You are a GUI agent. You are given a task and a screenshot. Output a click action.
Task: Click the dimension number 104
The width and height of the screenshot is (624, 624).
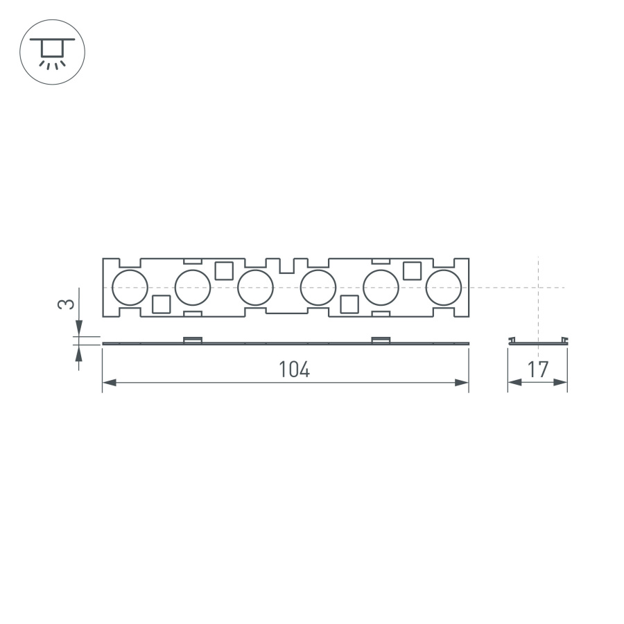tap(294, 370)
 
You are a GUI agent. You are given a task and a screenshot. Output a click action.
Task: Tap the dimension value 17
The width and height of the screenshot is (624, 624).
tap(538, 370)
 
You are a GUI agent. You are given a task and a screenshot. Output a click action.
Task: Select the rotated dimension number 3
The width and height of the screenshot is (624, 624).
tap(65, 304)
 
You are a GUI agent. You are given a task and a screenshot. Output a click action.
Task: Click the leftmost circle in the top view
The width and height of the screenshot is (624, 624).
tap(130, 288)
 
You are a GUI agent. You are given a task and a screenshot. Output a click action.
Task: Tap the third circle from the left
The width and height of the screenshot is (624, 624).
tap(255, 288)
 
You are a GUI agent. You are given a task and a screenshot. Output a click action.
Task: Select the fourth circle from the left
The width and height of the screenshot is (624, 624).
tap(318, 288)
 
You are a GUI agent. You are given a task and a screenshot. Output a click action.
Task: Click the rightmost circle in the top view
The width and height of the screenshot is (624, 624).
tap(443, 288)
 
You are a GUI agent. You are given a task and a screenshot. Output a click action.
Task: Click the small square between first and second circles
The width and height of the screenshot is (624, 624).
tap(161, 304)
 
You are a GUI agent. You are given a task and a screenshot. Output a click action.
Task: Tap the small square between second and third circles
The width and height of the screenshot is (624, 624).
tap(224, 270)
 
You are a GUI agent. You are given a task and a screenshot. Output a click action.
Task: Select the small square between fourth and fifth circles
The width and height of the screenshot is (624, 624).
tap(349, 304)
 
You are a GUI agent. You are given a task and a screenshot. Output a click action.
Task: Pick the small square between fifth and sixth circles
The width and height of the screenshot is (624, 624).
tap(413, 270)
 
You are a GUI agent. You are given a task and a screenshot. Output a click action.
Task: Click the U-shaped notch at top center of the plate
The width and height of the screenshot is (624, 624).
tap(286, 266)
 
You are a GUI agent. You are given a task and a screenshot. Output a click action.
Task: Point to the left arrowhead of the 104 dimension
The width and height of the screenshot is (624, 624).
tap(110, 383)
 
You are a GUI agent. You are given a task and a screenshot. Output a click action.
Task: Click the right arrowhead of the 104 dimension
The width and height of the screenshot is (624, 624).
tap(462, 383)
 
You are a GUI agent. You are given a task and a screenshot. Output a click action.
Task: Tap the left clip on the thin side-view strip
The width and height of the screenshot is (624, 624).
tap(192, 340)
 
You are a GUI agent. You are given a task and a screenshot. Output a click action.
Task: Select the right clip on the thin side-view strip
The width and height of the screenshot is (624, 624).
tap(381, 340)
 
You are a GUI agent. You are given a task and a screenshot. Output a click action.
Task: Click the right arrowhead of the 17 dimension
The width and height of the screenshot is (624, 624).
tap(561, 383)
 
